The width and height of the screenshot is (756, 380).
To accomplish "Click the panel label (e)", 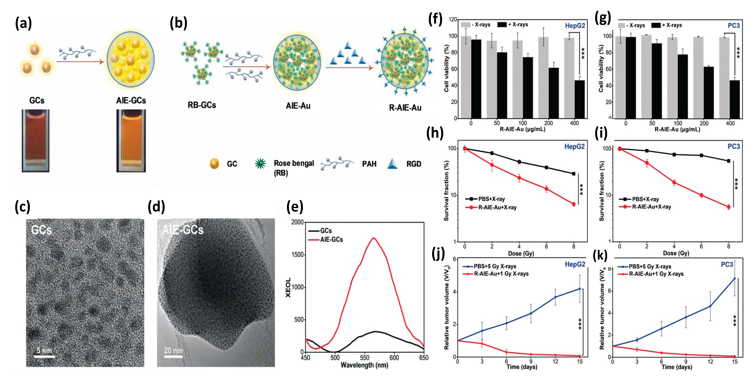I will pos(294,207).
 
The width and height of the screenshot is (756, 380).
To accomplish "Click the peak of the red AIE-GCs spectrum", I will pos(373,238).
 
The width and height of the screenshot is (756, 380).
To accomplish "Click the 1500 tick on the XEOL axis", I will pos(297,255).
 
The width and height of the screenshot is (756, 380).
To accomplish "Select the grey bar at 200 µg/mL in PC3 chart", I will pos(698,78).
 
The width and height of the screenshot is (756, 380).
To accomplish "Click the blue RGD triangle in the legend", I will pos(392,164).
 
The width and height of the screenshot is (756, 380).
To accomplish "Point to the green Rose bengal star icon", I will pos(260,164).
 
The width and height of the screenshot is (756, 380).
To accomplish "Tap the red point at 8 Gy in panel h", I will pos(574,204).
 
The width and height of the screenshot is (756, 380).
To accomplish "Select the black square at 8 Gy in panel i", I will pos(728,161).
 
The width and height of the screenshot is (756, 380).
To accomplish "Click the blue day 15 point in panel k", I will pos(735,278).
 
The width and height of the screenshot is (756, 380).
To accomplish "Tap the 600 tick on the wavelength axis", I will pos(394,358).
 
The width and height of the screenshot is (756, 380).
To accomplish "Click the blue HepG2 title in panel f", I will pos(575,26).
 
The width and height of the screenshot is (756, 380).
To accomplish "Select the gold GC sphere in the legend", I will pos(214,164).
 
